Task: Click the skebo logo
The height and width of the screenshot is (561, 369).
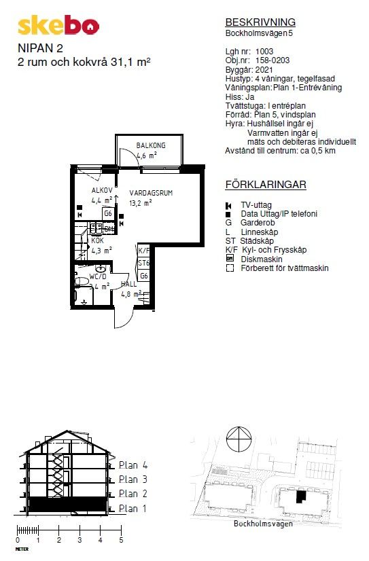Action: click(x=58, y=25)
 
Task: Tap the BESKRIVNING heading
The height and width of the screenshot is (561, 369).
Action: click(x=260, y=22)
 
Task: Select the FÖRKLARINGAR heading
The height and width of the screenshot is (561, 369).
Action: click(x=266, y=185)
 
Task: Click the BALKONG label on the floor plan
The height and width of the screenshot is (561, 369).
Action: click(x=151, y=145)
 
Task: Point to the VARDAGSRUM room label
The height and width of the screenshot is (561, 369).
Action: click(x=151, y=193)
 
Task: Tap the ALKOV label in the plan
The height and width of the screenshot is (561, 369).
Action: click(x=102, y=190)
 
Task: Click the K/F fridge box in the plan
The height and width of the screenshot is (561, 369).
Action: click(x=144, y=251)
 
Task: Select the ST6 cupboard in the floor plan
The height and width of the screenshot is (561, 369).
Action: click(x=144, y=263)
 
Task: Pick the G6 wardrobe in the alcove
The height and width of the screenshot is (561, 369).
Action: click(x=108, y=213)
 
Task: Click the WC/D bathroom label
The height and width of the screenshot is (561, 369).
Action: click(x=98, y=276)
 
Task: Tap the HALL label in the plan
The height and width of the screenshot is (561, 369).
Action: click(x=128, y=284)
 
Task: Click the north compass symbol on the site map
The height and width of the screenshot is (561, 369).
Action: click(x=239, y=439)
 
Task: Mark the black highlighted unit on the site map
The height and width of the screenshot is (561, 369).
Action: click(x=301, y=496)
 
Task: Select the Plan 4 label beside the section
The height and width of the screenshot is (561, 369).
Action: click(x=133, y=465)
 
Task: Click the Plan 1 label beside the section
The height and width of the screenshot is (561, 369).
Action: click(x=133, y=509)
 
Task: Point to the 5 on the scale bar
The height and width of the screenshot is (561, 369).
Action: click(x=121, y=540)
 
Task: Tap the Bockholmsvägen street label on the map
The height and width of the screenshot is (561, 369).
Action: click(x=263, y=524)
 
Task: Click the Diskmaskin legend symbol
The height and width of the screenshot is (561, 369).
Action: click(x=230, y=258)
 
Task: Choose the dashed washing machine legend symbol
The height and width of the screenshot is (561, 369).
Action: click(x=230, y=268)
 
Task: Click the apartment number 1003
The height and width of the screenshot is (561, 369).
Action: click(x=264, y=52)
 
